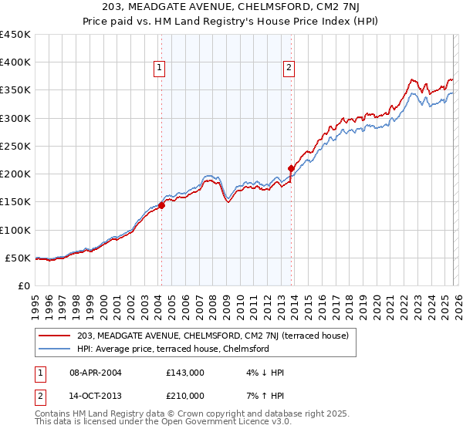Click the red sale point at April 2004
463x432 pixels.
pyautogui.click(x=161, y=205)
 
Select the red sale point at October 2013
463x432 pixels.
pyautogui.click(x=291, y=168)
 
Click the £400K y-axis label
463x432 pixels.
pyautogui.click(x=15, y=62)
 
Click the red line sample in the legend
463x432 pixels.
pyautogui.click(x=56, y=336)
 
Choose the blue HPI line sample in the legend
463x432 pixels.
pyautogui.click(x=56, y=349)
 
